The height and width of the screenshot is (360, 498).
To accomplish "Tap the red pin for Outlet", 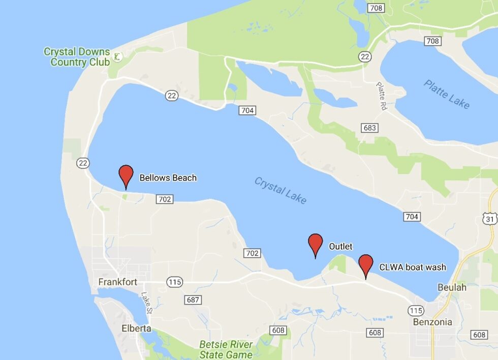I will pyautogui.click(x=316, y=244).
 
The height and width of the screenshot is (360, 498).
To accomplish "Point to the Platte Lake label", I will pyautogui.click(x=447, y=94).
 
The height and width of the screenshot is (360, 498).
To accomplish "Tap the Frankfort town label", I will pyautogui.click(x=118, y=282).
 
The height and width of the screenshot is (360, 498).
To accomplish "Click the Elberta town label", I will pyautogui.click(x=136, y=328).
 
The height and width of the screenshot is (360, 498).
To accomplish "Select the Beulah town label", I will pyautogui.click(x=452, y=287).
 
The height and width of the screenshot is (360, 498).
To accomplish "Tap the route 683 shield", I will pyautogui.click(x=369, y=128).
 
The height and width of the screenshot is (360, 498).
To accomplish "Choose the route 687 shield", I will pyautogui.click(x=193, y=299).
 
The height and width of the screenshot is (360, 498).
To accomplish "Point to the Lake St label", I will pyautogui.click(x=146, y=303).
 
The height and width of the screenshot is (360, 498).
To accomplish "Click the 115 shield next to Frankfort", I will pyautogui.click(x=174, y=282).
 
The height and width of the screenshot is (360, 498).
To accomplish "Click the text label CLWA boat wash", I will pyautogui.click(x=413, y=267).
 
